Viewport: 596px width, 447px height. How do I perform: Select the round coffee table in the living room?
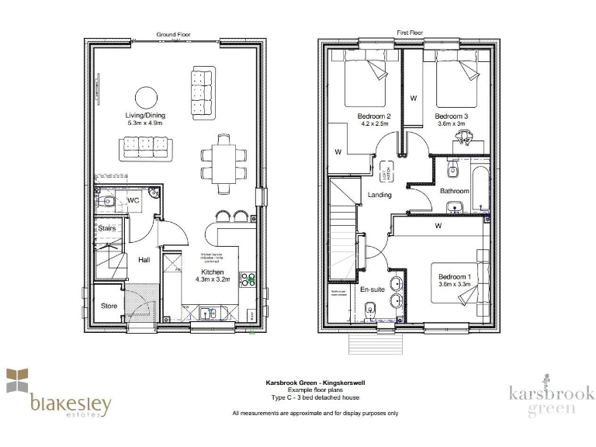tap(147, 96)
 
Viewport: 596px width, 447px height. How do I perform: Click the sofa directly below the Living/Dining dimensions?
tap(145, 146)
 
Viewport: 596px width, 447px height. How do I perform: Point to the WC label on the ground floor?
tap(133, 200)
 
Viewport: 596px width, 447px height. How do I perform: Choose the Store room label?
tap(109, 306)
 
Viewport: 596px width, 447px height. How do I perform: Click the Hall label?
tap(144, 261)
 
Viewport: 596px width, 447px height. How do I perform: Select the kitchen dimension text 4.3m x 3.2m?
tap(213, 282)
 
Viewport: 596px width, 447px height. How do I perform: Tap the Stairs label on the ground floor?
tap(106, 228)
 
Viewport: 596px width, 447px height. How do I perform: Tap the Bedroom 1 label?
tap(454, 277)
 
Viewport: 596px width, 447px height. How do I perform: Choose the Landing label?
tap(379, 195)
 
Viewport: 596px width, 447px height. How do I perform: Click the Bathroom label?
tap(455, 190)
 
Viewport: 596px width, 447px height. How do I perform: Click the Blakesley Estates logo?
tap(59, 395)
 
